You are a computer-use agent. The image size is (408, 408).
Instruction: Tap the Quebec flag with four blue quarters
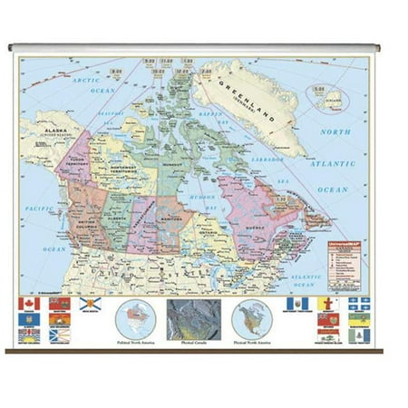point(360,304)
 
